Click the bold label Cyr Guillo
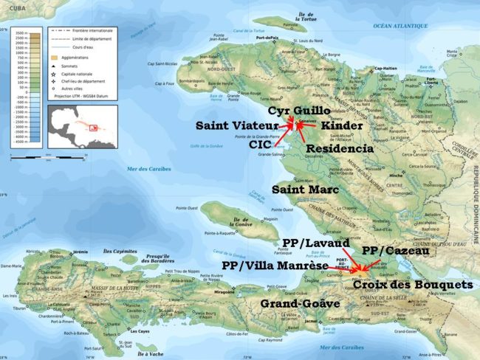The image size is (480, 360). [x=299, y=110]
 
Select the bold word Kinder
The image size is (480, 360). [x=341, y=125]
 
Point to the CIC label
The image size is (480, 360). [x=260, y=145]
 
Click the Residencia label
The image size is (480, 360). [x=340, y=148]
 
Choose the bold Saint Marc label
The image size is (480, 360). [x=305, y=190]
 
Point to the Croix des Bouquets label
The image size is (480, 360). [x=413, y=284]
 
